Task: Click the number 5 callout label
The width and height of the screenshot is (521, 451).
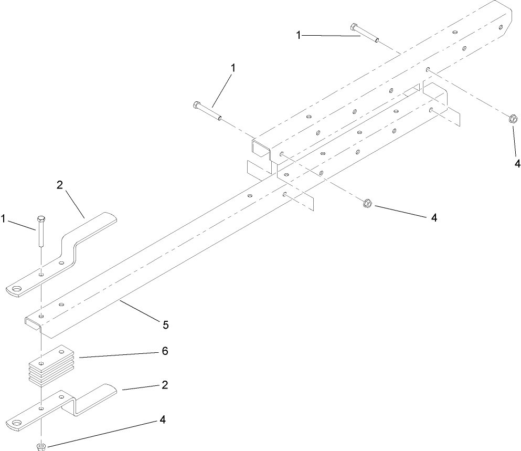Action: pos(165,325)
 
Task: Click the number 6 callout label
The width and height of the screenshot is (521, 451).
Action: pos(165,351)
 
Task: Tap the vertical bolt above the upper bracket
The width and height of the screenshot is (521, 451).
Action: pos(41,231)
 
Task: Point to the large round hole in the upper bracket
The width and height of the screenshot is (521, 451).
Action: pos(18,288)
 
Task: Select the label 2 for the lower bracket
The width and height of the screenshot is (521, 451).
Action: pos(165,385)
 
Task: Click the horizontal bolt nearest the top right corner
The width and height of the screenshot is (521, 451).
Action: pos(365,33)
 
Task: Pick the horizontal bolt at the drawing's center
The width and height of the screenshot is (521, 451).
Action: pos(208,111)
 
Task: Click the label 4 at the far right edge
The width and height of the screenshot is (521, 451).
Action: pos(517,164)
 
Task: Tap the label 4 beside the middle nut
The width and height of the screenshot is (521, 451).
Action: pos(433,217)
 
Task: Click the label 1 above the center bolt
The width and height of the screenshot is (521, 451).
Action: pos(233,68)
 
